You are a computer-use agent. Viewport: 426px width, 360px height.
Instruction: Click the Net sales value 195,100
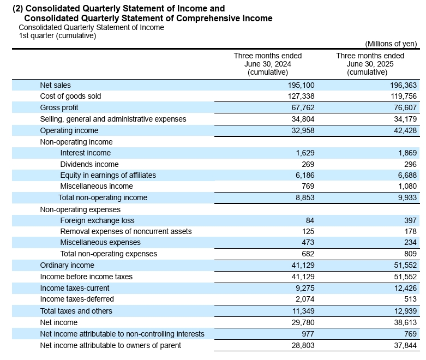tap(301, 85)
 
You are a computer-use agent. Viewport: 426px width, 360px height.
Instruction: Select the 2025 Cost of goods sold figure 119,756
tap(404, 96)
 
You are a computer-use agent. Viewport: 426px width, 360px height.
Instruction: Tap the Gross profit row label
tap(59, 107)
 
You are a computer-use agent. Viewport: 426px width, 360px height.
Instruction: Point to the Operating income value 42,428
tap(405, 130)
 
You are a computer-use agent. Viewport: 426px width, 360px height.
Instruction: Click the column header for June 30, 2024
tap(268, 64)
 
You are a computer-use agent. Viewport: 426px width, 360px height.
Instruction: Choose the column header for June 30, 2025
tap(370, 64)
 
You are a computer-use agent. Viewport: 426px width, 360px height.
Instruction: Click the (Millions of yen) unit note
tap(391, 44)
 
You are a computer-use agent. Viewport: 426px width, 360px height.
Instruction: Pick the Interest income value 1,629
tap(305, 153)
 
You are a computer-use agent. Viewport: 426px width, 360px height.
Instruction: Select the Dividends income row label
tap(89, 164)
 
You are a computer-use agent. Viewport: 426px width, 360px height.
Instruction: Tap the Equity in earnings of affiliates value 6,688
tap(407, 175)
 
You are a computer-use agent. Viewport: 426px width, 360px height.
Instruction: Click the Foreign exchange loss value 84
tap(310, 220)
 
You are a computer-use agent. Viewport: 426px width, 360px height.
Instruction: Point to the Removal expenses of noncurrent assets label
tap(126, 231)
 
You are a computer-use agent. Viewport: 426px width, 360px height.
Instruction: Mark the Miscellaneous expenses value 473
tap(308, 242)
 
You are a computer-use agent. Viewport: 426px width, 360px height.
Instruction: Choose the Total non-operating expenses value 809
tap(410, 254)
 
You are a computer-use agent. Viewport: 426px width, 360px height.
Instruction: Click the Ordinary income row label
tap(67, 265)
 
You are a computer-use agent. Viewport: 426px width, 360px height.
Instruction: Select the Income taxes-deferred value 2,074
tap(305, 299)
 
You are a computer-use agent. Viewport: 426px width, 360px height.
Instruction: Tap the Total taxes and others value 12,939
tap(405, 311)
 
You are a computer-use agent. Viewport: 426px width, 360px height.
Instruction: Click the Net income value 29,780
tap(303, 322)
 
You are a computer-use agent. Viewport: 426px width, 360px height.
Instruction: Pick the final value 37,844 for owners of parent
tap(405, 345)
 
